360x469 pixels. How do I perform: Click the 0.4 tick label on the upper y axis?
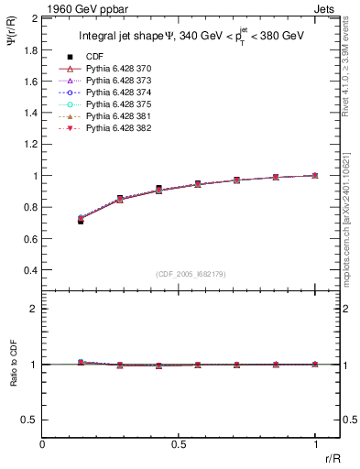tap(30, 271)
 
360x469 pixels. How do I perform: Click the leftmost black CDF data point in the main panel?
tap(81, 221)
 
